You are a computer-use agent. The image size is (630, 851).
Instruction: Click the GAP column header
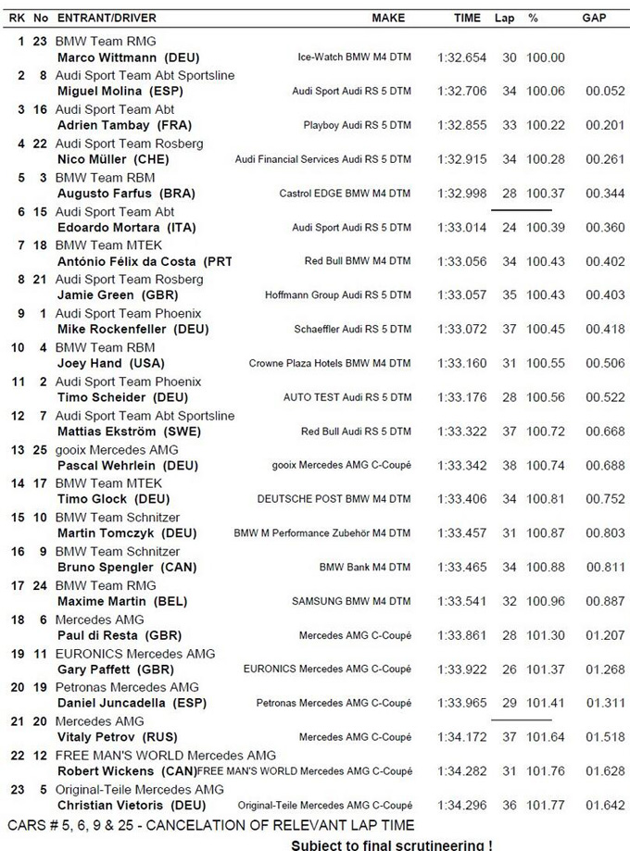[594, 18]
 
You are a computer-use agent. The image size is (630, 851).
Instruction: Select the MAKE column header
[388, 18]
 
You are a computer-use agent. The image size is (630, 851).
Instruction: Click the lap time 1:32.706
[461, 92]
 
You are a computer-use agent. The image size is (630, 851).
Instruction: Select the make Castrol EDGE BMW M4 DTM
[345, 194]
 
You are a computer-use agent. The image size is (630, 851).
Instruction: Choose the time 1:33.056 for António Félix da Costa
[461, 262]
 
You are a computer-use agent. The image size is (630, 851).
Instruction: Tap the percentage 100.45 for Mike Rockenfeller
[545, 330]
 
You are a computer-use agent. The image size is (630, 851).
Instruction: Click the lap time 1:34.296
[461, 806]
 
